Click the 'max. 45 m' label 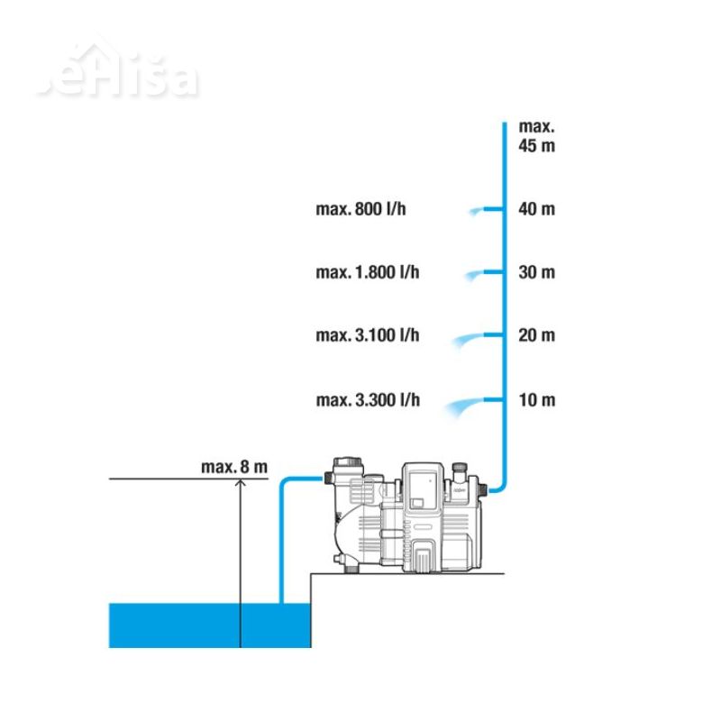[x=537, y=136]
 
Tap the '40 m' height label [x=537, y=209]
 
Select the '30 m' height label [x=537, y=272]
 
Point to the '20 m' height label [x=537, y=335]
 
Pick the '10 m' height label [x=537, y=399]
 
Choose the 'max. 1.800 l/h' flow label [x=367, y=272]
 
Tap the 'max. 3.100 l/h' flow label [x=367, y=335]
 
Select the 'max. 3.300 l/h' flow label [x=367, y=399]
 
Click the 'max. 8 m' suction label [x=234, y=467]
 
